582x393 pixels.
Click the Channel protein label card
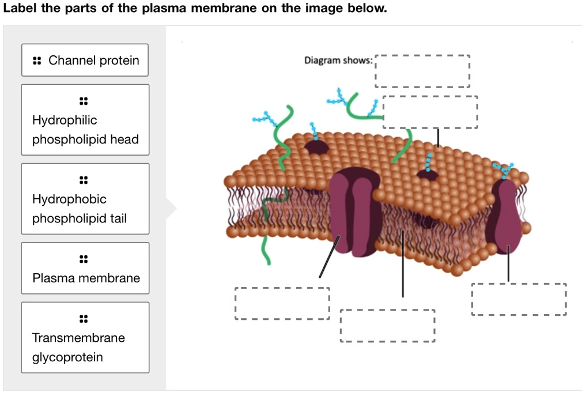85,60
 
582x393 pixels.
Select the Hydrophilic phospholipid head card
85,120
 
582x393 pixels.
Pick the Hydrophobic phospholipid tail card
85,199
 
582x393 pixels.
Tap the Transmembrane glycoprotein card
85,338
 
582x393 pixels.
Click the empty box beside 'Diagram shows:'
422,70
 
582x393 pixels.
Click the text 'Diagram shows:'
338,61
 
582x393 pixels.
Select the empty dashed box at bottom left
282,303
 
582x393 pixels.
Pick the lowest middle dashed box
387,326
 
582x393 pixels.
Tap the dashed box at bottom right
519,299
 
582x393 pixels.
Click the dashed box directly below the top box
430,112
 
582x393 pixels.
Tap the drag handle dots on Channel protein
37,61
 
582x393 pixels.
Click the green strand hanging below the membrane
266,251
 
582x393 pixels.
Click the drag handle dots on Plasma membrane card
84,258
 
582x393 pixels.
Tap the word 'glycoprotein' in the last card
67,357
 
